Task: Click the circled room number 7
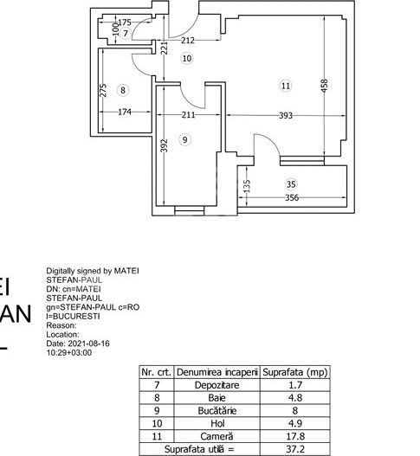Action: [126, 33]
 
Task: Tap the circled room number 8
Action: [123, 89]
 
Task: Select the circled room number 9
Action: [184, 139]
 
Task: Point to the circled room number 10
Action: [188, 58]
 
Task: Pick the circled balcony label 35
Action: [291, 183]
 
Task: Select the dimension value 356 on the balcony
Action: [297, 198]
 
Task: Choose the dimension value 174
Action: [124, 111]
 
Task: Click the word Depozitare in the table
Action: [217, 383]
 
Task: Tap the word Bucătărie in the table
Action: [217, 409]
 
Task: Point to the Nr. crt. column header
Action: [156, 370]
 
